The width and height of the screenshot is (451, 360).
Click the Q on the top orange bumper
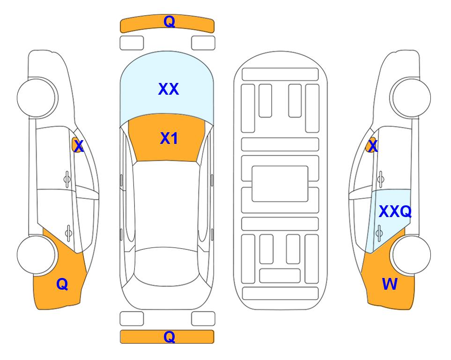(170, 22)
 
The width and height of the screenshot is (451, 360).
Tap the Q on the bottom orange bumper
(170, 337)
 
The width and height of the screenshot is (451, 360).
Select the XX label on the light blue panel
(169, 89)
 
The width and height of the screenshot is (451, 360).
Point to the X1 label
(169, 138)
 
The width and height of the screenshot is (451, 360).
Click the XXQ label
(395, 212)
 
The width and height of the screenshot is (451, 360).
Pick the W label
(390, 284)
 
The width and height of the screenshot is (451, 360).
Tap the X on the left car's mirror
(79, 146)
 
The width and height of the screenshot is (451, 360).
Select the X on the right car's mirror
(373, 146)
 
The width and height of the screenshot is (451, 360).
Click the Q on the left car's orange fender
(62, 285)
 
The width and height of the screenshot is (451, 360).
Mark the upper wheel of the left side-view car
(37, 98)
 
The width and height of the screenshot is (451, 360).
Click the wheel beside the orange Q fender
(37, 255)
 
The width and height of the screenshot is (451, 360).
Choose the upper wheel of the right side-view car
(411, 98)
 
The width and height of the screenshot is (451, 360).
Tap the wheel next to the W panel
(411, 255)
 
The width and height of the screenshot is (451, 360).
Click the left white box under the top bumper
(132, 43)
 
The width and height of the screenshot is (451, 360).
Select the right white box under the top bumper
(203, 43)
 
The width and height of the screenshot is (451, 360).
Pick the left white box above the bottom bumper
(132, 319)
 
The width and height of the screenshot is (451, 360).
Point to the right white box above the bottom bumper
(203, 319)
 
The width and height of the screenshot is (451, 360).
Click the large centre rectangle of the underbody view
(280, 184)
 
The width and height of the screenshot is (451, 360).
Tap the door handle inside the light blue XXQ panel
(379, 233)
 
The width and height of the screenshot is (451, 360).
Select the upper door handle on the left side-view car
(67, 180)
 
